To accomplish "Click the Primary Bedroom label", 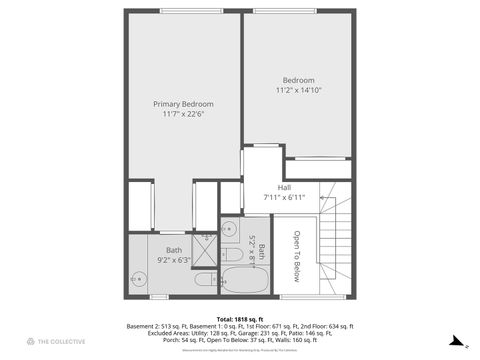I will (x=182, y=104).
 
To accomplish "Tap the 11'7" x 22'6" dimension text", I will (x=182, y=114).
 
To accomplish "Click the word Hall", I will (x=284, y=187).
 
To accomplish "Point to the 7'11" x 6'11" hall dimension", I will (x=284, y=197).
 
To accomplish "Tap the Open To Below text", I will (x=296, y=251).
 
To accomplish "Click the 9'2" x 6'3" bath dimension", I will (x=174, y=260).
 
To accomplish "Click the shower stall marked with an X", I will (x=206, y=238).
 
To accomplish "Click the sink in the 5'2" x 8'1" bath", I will (x=229, y=226).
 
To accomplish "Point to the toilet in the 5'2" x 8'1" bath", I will (x=229, y=256).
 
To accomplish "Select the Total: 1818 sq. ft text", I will (x=239, y=319).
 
